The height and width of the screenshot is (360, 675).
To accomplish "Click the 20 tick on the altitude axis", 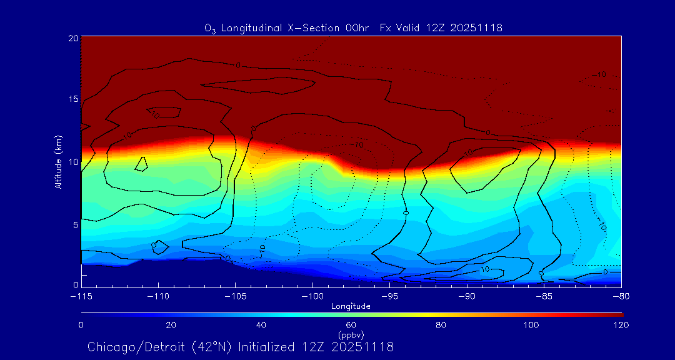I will [x=72, y=38].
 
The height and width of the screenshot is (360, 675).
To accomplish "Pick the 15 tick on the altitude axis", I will [x=72, y=99].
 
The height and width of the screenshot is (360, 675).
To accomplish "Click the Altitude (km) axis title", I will [x=58, y=162].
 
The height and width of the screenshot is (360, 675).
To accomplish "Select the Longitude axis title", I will [x=351, y=306].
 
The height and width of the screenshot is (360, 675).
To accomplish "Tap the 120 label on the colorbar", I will [x=621, y=325].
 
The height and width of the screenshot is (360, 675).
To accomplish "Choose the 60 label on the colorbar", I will [x=351, y=325].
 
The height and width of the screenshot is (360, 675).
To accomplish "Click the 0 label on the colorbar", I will [x=81, y=325].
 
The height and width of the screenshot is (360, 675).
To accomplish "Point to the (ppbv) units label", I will [x=351, y=335].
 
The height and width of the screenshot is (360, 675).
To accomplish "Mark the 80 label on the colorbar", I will [x=441, y=325].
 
